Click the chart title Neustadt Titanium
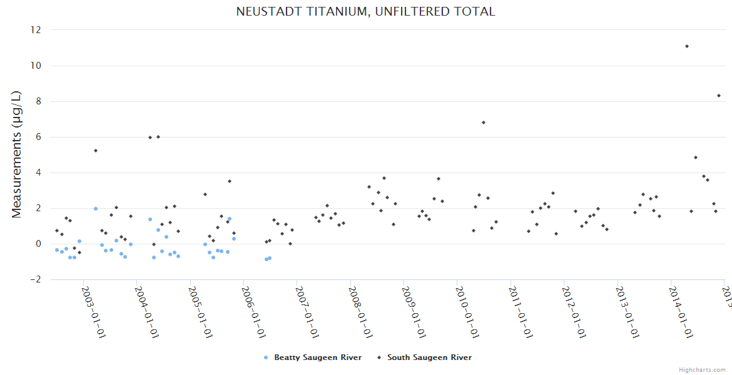(365, 12)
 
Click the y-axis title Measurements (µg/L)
(17, 154)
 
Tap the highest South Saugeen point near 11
(687, 46)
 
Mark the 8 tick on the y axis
(38, 101)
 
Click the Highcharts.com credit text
(703, 369)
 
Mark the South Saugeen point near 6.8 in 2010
(484, 122)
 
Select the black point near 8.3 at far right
(719, 96)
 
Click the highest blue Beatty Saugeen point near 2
(96, 209)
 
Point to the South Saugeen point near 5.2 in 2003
(96, 151)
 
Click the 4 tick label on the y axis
(38, 172)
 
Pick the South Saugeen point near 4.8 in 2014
(696, 157)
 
